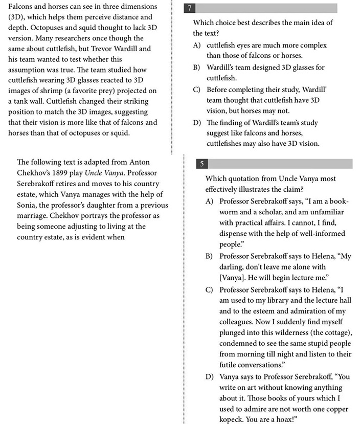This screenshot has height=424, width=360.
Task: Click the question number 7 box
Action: tap(190, 8)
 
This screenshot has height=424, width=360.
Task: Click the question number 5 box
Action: tap(202, 164)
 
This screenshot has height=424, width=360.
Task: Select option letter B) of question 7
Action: tap(196, 68)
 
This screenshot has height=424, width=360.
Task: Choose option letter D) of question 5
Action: tap(209, 377)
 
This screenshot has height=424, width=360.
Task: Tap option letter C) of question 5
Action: tap(209, 289)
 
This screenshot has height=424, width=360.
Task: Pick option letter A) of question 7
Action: tap(196, 45)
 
